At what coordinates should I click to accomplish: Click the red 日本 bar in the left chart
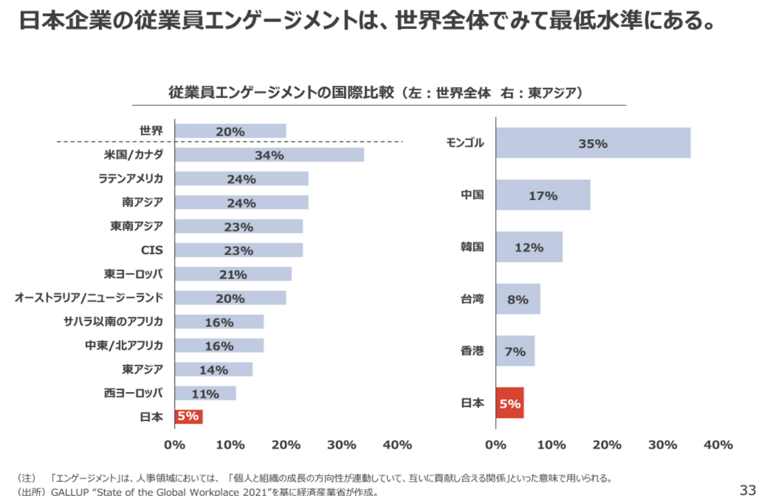pos(189,416)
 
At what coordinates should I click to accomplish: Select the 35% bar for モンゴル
pos(593,143)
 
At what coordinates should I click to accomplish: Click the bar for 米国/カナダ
pos(269,155)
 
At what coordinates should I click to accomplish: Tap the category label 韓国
pos(472,247)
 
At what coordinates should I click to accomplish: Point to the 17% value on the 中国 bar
pos(543,196)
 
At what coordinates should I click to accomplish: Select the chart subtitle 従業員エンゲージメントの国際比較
pos(281,93)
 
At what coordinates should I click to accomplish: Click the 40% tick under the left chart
pos(397,445)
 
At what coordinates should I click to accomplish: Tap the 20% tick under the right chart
pos(607,445)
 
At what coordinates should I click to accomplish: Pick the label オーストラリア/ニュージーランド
pos(89,298)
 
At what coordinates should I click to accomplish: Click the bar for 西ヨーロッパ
pos(205,393)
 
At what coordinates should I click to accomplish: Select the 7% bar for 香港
pos(515,351)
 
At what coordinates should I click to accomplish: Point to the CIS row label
pos(152,250)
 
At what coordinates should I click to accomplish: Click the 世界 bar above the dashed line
pos(230,131)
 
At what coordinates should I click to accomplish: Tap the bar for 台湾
pos(518,299)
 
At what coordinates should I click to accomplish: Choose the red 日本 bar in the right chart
pos(510,403)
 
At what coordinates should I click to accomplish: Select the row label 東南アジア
pos(137,226)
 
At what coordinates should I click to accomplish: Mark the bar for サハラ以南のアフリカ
pos(219,322)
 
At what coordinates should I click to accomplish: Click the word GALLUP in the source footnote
pos(70,492)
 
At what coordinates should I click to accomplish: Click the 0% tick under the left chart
pos(174,445)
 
